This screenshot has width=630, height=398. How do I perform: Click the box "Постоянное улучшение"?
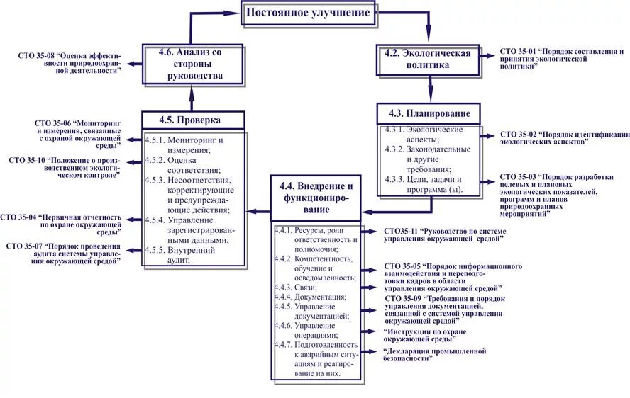308,13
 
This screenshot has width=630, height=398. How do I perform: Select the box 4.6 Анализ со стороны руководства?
194,64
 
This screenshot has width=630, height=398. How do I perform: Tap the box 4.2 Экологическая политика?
427,59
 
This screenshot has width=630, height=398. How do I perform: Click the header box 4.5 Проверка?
194,120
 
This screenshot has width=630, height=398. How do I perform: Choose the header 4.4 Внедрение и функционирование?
316,198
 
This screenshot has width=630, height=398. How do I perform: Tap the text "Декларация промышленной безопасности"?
434,354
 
